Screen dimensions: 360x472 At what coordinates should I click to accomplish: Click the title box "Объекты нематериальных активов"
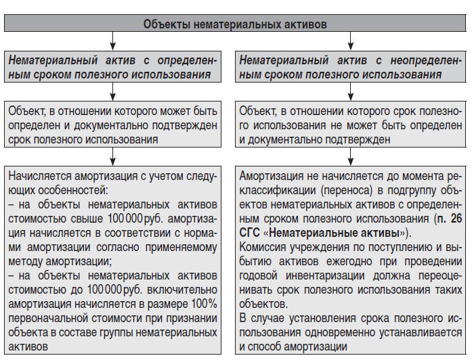tap(235, 24)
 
